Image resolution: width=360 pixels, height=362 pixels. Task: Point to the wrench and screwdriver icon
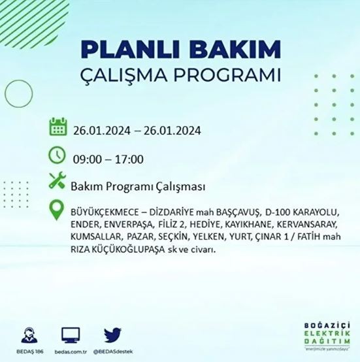(58, 184)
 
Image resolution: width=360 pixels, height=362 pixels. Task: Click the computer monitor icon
(69, 335)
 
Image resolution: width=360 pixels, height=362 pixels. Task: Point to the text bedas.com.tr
(69, 351)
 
